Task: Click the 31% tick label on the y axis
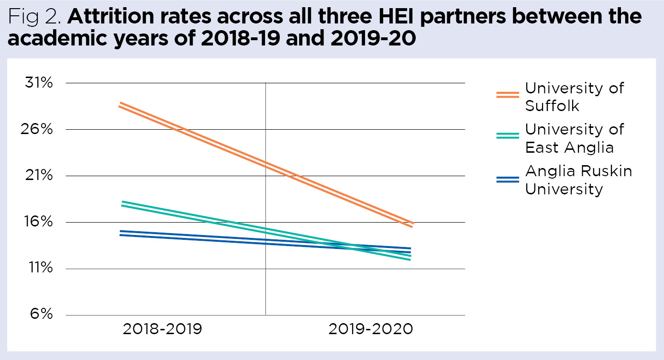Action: tap(38, 83)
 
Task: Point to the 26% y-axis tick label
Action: tap(38, 130)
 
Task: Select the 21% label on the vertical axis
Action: tap(38, 176)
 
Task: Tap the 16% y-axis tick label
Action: tap(38, 223)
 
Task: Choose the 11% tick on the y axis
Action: tap(38, 269)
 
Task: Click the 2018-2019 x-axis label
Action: tap(163, 329)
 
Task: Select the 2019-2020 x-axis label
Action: tap(370, 329)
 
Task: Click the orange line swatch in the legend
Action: tap(508, 94)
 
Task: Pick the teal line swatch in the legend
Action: tap(508, 135)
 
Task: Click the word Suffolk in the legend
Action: tap(552, 105)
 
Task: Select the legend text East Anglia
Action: tap(569, 147)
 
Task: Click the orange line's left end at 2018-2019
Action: tap(120, 104)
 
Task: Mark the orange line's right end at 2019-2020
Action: tap(412, 225)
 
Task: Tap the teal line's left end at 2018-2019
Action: tap(122, 203)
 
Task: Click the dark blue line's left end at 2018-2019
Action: tap(120, 233)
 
